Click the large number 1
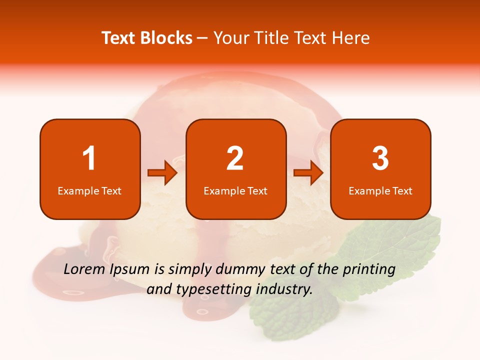(x=89, y=158)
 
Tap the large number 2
(x=235, y=158)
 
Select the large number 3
(x=380, y=158)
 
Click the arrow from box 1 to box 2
(x=162, y=173)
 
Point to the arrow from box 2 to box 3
(x=308, y=173)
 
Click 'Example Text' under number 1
(x=89, y=190)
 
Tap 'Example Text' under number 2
(x=235, y=190)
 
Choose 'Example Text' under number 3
(x=380, y=190)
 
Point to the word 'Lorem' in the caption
(x=85, y=269)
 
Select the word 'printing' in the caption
(x=369, y=270)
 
